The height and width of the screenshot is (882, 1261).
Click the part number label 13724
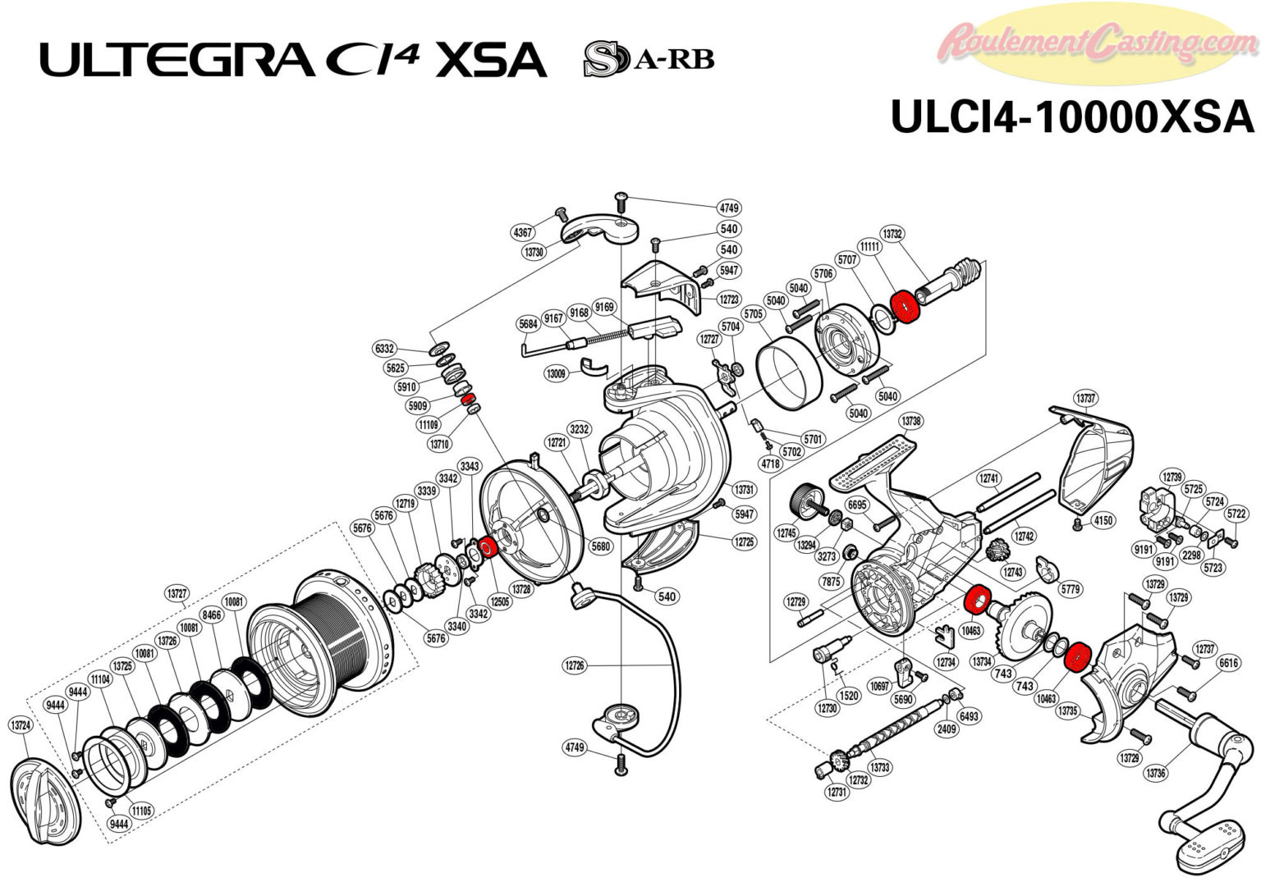[21, 725]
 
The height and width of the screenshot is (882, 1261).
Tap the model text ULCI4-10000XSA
[1072, 117]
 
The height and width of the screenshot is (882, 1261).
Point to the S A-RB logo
[648, 59]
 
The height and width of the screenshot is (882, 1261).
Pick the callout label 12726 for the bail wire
[575, 665]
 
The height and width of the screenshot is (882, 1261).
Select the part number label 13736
[1156, 773]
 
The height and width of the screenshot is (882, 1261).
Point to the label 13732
[892, 234]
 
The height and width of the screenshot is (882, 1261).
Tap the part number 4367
[523, 233]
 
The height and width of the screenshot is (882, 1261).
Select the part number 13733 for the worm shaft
[879, 767]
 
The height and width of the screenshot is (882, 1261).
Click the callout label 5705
[753, 313]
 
